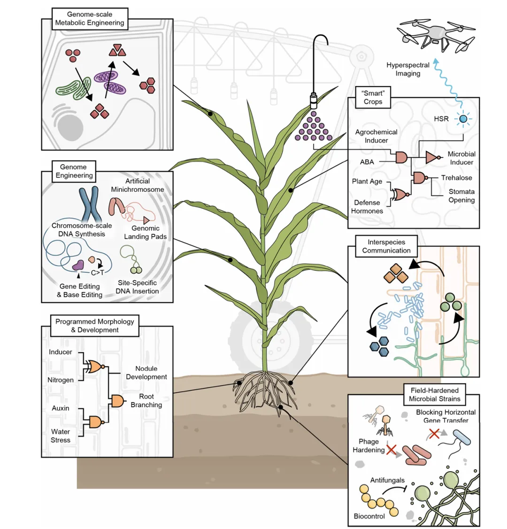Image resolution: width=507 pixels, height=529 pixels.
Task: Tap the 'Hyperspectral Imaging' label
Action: (408, 69)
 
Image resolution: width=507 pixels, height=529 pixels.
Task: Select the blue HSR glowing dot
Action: (464, 119)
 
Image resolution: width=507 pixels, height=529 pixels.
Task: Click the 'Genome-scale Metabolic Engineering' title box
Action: (89, 18)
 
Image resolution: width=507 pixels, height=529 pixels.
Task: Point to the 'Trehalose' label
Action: (456, 178)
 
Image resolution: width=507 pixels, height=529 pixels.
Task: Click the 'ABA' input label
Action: (367, 161)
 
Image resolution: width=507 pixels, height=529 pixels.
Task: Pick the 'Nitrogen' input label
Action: (61, 379)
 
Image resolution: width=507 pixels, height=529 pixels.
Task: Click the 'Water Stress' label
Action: (61, 436)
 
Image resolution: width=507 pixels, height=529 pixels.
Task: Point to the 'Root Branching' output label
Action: (146, 401)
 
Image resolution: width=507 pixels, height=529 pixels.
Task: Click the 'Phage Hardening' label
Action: (369, 445)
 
